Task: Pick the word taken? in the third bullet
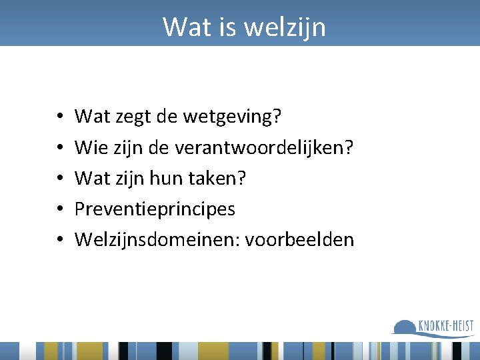tap(223, 179)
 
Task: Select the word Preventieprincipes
tap(155, 209)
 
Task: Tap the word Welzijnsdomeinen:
tap(157, 239)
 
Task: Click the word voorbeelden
tap(299, 239)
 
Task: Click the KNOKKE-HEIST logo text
tap(446, 325)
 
